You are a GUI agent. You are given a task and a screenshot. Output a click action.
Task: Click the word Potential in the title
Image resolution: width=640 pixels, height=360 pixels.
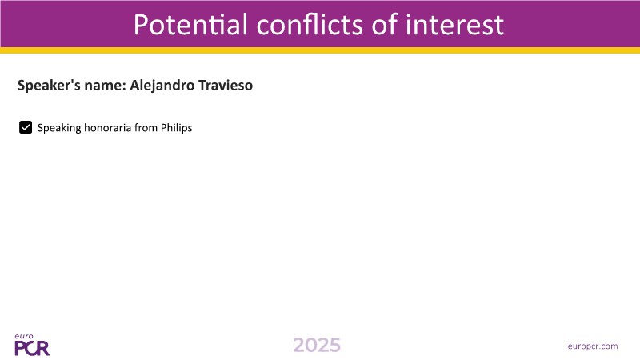click(x=190, y=24)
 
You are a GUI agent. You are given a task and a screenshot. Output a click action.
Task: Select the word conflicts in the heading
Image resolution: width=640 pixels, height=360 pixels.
click(x=310, y=24)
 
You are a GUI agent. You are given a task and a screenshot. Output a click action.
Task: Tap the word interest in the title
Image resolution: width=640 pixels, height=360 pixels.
click(x=454, y=24)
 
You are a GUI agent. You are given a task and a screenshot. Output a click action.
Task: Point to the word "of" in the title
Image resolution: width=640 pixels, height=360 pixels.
click(x=385, y=24)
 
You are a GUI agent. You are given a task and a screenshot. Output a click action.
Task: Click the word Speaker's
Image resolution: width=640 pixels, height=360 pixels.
click(x=49, y=86)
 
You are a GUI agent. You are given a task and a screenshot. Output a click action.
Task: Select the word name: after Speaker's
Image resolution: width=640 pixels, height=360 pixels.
click(x=105, y=86)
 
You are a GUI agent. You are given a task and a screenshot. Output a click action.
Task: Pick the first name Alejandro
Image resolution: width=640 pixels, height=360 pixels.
click(x=162, y=86)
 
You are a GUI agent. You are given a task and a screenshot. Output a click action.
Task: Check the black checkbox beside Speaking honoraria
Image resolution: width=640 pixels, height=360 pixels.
click(x=26, y=127)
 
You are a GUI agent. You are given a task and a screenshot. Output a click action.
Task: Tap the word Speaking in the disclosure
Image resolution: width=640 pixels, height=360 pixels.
click(x=59, y=128)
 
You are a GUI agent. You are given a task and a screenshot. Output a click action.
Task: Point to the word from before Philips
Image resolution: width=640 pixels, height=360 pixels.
click(x=146, y=128)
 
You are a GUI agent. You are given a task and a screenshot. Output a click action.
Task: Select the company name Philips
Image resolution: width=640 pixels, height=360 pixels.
click(x=176, y=128)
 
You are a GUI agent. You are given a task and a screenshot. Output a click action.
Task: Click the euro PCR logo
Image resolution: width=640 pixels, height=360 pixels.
click(x=32, y=345)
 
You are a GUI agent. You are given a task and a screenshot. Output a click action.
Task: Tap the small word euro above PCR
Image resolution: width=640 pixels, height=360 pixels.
click(x=24, y=336)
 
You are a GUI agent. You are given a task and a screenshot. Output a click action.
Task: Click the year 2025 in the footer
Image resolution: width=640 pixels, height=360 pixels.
click(x=317, y=346)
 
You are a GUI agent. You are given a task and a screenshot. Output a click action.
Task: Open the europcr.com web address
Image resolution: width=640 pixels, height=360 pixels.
click(x=593, y=346)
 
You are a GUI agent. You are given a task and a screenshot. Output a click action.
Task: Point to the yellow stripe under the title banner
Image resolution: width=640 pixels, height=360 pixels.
click(x=320, y=50)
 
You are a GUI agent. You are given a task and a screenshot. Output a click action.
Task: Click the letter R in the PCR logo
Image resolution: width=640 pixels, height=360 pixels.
click(x=43, y=349)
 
